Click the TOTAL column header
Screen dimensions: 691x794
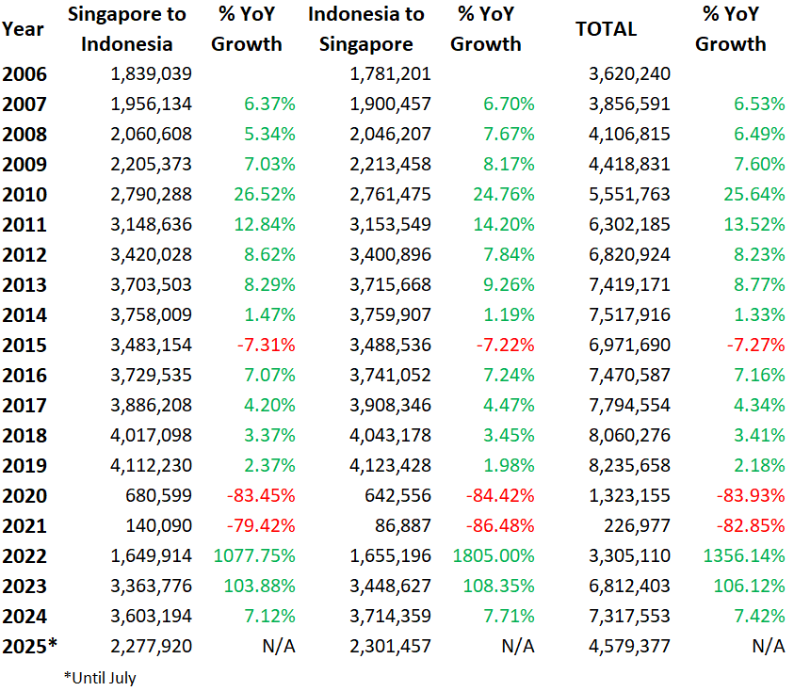pyautogui.click(x=606, y=28)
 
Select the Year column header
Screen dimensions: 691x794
pyautogui.click(x=23, y=28)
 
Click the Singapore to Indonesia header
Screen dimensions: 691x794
pyautogui.click(x=126, y=29)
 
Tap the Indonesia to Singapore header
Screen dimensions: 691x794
pyautogui.click(x=365, y=29)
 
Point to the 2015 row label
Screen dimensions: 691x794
pyautogui.click(x=24, y=345)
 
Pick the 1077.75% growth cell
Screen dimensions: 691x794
pyautogui.click(x=252, y=555)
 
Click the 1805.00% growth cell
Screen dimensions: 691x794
pyautogui.click(x=494, y=555)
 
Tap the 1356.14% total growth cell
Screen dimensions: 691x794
pyautogui.click(x=743, y=555)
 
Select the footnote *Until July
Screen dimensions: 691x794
pyautogui.click(x=100, y=677)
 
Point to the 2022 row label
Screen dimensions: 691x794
pyautogui.click(x=24, y=555)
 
